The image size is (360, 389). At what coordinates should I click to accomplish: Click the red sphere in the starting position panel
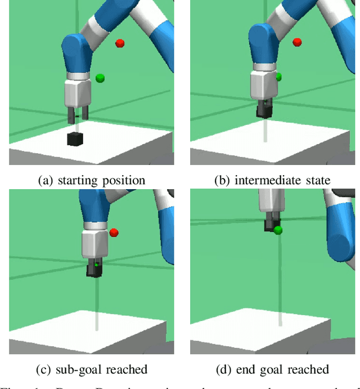(x=119, y=43)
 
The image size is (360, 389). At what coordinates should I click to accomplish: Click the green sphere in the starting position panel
(x=100, y=78)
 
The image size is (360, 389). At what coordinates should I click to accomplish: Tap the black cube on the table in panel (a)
(x=75, y=138)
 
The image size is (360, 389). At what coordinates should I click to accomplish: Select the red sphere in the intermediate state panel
(x=297, y=42)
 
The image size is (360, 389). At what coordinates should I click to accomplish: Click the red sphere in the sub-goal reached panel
(x=114, y=232)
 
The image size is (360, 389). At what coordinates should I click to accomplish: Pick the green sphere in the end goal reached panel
(x=278, y=230)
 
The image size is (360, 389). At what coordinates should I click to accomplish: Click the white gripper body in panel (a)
(x=77, y=93)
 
